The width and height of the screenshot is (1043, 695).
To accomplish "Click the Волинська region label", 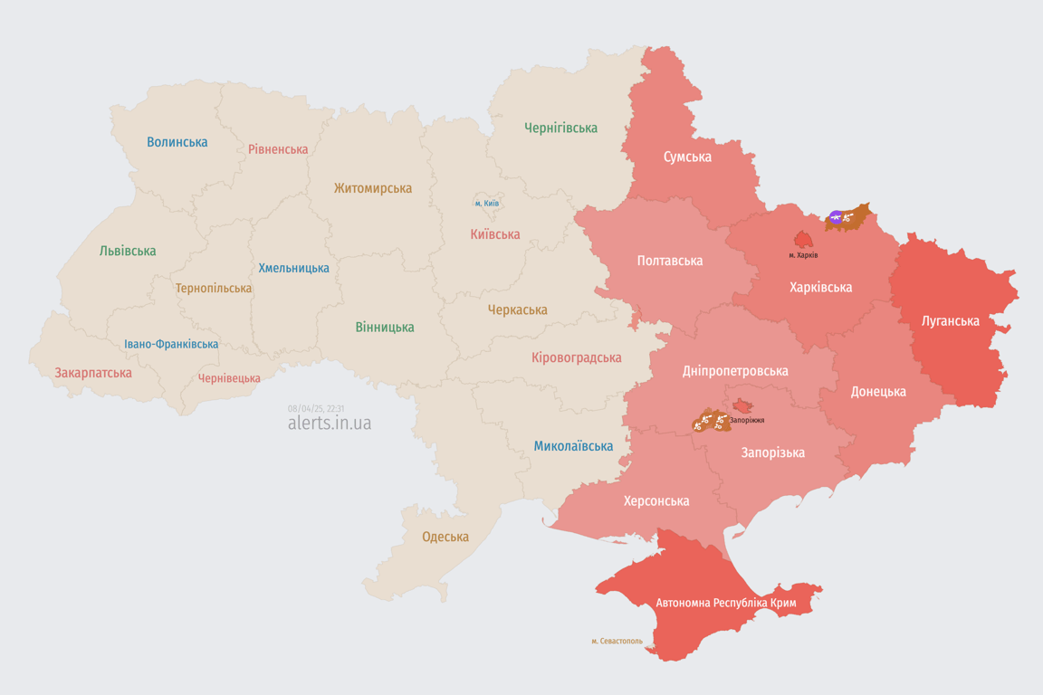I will click(177, 142).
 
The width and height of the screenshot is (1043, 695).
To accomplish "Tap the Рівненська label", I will click(278, 149).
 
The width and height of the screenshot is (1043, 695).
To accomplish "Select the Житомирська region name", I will click(372, 188).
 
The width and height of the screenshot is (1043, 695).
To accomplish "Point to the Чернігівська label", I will click(560, 128).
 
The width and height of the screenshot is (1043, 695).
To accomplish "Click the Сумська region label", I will click(687, 157).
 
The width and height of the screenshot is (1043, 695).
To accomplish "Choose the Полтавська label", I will click(669, 261).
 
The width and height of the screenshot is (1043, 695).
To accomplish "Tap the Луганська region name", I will click(950, 320).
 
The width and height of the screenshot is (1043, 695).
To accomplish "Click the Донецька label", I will click(877, 392).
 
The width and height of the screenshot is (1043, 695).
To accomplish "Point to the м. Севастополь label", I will click(617, 642).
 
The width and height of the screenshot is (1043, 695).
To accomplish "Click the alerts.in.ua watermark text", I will click(329, 424).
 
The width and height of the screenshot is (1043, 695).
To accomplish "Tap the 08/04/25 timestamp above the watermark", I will click(315, 409).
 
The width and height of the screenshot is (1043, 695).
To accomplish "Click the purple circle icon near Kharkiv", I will click(836, 217).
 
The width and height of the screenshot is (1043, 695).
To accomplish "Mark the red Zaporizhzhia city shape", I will click(742, 406).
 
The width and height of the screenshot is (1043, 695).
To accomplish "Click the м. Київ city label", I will click(486, 204).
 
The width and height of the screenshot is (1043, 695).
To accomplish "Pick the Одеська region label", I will click(445, 537).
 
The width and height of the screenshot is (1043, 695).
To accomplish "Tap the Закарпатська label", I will click(92, 373).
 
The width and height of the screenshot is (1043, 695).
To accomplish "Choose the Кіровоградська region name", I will click(576, 357).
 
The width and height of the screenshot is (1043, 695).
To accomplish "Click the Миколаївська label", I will click(572, 446).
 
